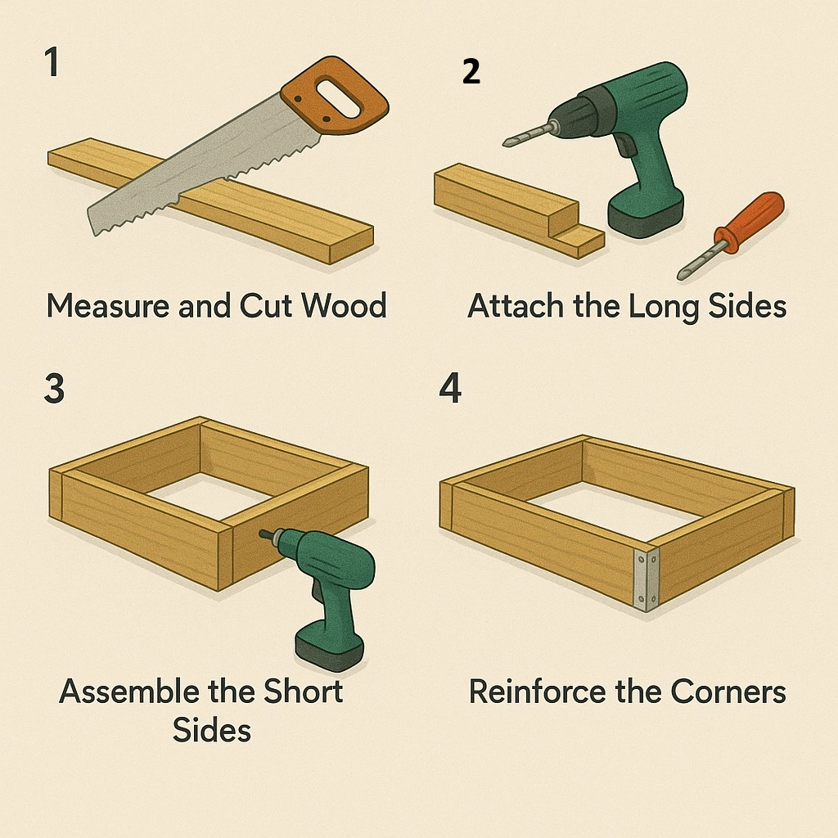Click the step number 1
point(52,62)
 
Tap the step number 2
point(471,71)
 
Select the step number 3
point(54,388)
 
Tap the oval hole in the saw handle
point(339,98)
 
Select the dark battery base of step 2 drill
point(645,215)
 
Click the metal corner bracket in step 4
point(647,579)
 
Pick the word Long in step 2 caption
point(663,308)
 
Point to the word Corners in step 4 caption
point(728,692)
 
